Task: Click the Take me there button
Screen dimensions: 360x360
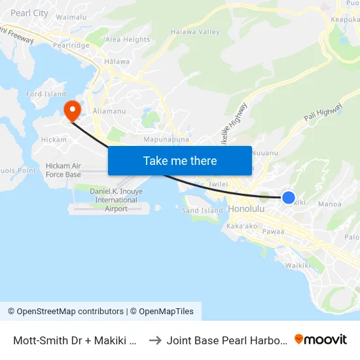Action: pyautogui.click(x=179, y=160)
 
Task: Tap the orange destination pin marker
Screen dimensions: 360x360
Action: pyautogui.click(x=71, y=109)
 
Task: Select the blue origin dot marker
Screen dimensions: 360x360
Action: pyautogui.click(x=288, y=197)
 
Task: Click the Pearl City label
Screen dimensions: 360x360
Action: pyautogui.click(x=29, y=13)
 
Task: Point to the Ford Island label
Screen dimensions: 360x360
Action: pyautogui.click(x=46, y=94)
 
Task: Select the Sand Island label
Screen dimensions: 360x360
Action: pyautogui.click(x=202, y=211)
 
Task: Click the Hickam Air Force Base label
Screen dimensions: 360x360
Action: pyautogui.click(x=63, y=170)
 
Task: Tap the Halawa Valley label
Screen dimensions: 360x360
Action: pyautogui.click(x=195, y=31)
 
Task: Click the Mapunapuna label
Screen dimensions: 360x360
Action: pyautogui.click(x=166, y=139)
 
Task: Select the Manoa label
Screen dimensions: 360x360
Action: pyautogui.click(x=329, y=204)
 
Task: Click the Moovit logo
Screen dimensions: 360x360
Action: pyautogui.click(x=321, y=339)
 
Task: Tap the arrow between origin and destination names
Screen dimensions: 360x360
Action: pyautogui.click(x=154, y=340)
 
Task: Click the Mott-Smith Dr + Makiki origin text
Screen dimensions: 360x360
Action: pyautogui.click(x=75, y=340)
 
